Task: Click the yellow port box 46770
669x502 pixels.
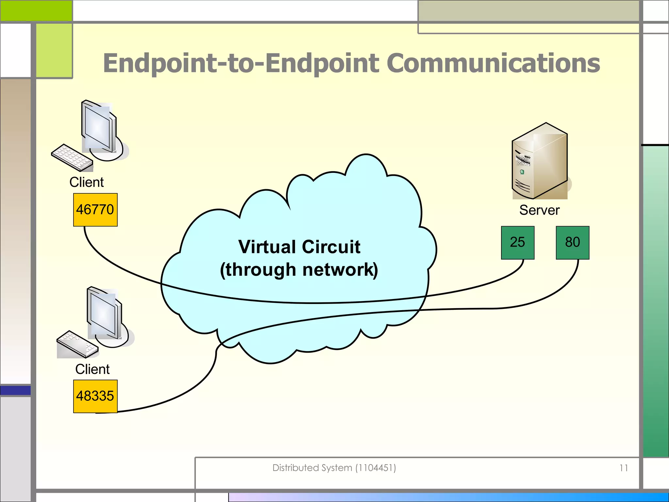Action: point(95,209)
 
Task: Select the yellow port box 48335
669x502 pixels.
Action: point(95,396)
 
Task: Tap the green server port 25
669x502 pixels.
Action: point(517,243)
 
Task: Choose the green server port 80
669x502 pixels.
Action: point(572,243)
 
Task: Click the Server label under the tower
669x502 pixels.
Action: point(539,210)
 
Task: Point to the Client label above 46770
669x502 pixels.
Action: point(87,182)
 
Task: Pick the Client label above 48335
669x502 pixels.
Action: point(92,369)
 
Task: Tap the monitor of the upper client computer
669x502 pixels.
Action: point(99,127)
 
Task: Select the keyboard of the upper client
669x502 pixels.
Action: point(72,158)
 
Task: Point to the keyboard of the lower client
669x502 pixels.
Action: point(77,344)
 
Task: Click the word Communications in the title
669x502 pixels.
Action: point(493,63)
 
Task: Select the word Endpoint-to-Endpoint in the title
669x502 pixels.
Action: point(241,63)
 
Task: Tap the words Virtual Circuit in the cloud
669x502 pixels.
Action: point(299,247)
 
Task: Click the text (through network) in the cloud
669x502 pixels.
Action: point(299,270)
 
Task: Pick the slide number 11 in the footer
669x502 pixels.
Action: point(624,468)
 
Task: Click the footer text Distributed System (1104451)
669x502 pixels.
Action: point(334,468)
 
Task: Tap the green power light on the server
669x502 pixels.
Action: point(522,172)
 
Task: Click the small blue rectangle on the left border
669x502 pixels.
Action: point(15,390)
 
